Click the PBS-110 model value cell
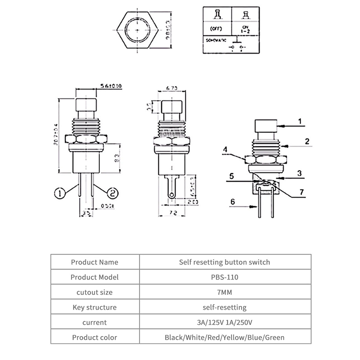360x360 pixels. [225, 277]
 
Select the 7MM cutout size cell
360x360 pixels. [225, 292]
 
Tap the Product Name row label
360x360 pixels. [94, 262]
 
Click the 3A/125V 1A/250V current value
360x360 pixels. [225, 323]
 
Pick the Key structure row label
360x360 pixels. [94, 308]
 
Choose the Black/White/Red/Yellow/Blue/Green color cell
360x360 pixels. [225, 337]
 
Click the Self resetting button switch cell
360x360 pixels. [225, 262]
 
